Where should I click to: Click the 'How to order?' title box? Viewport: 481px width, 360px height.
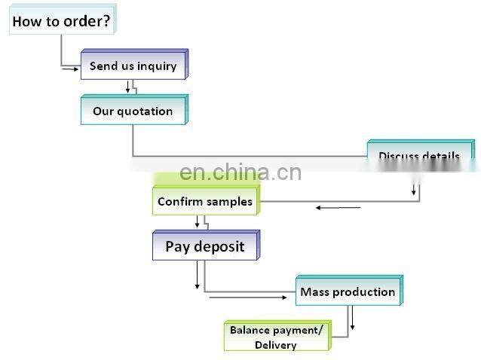tap(61, 21)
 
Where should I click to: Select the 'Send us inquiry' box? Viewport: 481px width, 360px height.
tap(133, 66)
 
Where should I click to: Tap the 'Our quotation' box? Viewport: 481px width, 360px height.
tap(133, 111)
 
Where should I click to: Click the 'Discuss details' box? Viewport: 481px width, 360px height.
tap(419, 155)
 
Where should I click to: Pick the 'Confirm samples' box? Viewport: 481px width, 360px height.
tap(204, 202)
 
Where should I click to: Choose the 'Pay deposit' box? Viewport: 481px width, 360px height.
tap(204, 247)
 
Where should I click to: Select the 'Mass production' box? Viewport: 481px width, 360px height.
tap(348, 292)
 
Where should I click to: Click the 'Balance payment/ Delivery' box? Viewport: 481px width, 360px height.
tap(276, 337)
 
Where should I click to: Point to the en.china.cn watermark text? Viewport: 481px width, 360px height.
tap(240, 173)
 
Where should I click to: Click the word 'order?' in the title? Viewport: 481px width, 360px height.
tap(86, 21)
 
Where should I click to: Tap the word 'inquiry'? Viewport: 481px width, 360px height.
tap(157, 66)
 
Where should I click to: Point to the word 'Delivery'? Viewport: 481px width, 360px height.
tap(276, 345)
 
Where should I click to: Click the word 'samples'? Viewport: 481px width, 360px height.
tap(229, 202)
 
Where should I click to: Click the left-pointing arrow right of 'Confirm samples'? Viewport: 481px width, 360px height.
tap(338, 207)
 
